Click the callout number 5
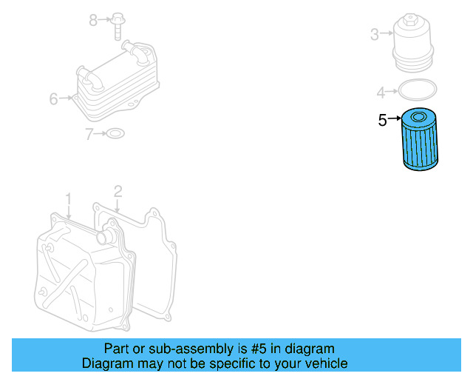pyautogui.click(x=382, y=120)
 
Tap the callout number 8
pyautogui.click(x=93, y=20)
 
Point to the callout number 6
pyautogui.click(x=53, y=98)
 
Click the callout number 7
pyautogui.click(x=89, y=134)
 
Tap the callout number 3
pyautogui.click(x=374, y=34)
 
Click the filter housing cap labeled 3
pyautogui.click(x=412, y=41)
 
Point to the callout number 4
pyautogui.click(x=381, y=93)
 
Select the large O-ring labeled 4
pyautogui.click(x=418, y=92)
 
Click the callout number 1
pyautogui.click(x=68, y=199)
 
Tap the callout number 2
pyautogui.click(x=117, y=192)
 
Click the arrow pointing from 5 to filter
pyautogui.click(x=393, y=120)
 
